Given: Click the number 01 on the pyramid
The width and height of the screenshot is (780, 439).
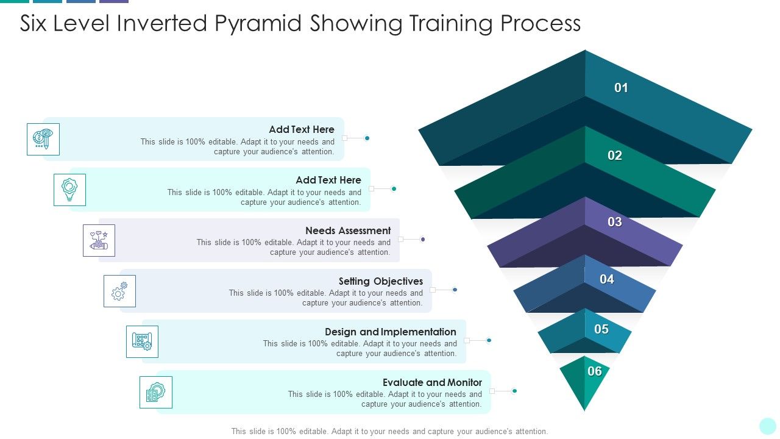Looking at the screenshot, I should point(621,88).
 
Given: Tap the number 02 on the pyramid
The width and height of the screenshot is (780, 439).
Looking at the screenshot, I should point(615,155).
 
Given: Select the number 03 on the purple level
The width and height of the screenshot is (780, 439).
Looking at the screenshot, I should point(615,222).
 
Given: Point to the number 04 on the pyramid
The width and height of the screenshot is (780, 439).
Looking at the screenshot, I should point(607,279).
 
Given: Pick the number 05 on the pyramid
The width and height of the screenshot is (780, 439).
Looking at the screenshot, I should point(601,329).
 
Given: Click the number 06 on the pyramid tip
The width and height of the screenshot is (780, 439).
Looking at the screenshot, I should point(595,371).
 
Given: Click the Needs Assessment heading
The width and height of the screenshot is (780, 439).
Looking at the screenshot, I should point(348,230).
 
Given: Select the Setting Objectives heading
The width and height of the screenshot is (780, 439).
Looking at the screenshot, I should point(381,281).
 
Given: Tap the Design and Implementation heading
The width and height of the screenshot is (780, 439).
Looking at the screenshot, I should point(390,332).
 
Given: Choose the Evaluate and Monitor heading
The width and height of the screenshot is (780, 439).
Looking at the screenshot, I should point(432,382).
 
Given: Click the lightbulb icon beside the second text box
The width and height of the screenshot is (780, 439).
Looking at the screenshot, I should point(69,190).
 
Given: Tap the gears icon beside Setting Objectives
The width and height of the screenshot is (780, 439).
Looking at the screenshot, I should point(119,291).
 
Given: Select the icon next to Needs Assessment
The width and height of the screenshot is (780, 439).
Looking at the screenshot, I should point(99,240).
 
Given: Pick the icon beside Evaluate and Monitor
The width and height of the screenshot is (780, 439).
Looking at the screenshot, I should point(156,392).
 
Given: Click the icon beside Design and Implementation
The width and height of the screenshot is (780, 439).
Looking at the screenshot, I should point(142,341).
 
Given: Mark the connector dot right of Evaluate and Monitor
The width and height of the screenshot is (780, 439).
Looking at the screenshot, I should point(514,391).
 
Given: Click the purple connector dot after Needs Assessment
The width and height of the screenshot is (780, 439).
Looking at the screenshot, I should point(422,239).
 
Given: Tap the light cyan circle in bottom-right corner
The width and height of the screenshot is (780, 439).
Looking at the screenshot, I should point(768,426).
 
